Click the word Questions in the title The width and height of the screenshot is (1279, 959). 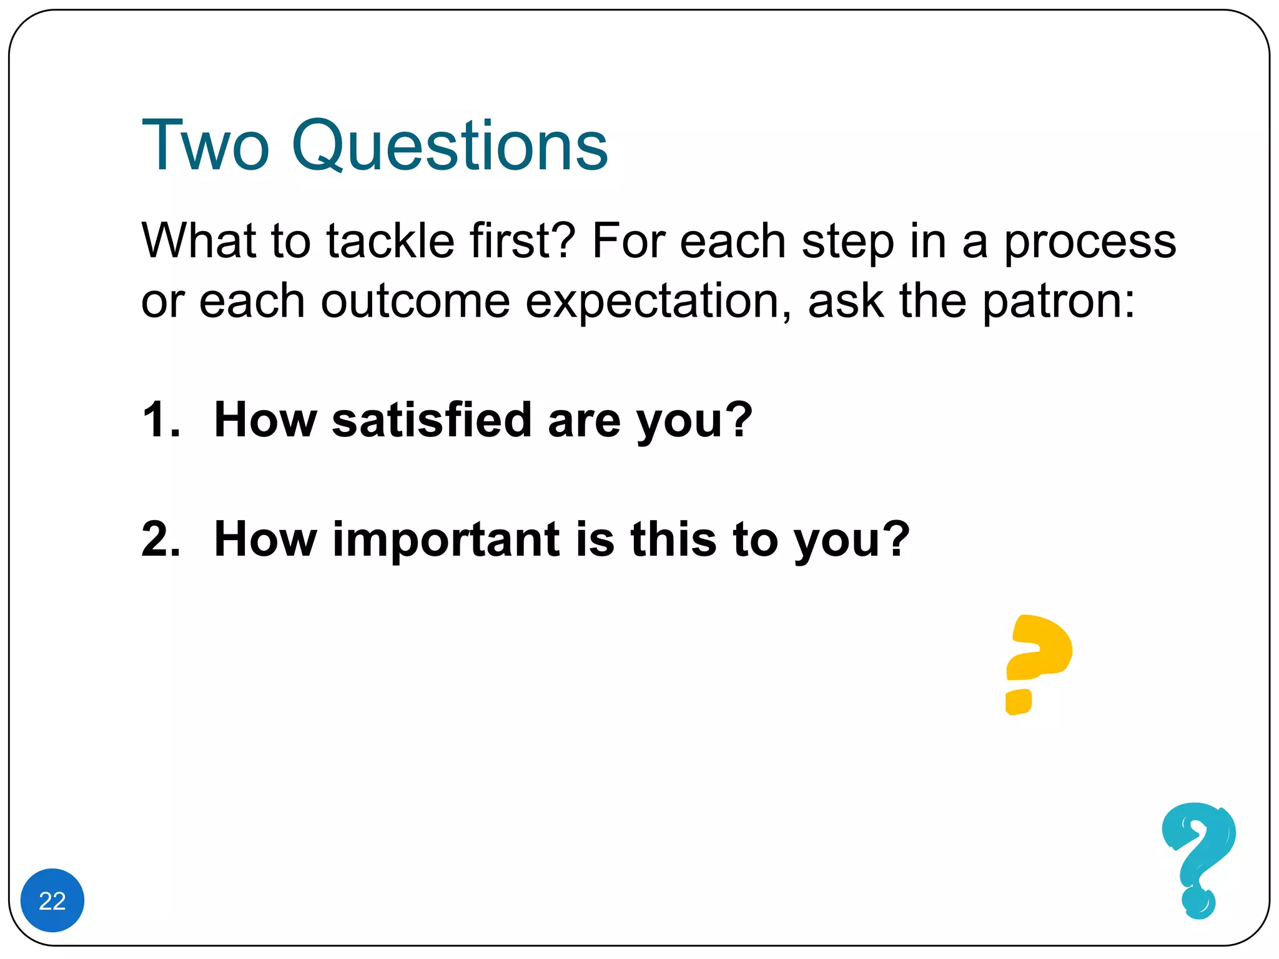point(449,146)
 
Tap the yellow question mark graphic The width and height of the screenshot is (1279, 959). point(1037,662)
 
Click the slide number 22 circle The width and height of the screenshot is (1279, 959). point(52,900)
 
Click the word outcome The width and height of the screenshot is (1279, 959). point(415,302)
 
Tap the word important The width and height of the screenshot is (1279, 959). point(446,540)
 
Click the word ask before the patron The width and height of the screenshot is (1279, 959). point(845,302)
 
